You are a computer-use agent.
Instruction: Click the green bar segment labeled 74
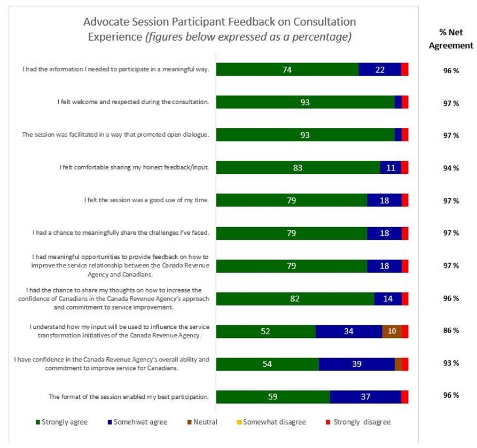(287, 69)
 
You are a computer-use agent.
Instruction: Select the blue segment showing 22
(380, 69)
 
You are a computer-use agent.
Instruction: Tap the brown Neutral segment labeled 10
(392, 331)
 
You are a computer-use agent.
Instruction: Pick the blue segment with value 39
(357, 364)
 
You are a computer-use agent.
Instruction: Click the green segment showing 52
(265, 331)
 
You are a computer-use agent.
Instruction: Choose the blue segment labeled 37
(365, 397)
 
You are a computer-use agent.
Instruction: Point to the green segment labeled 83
(298, 168)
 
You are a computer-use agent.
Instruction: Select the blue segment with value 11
(390, 168)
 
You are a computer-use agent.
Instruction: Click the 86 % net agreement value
(451, 330)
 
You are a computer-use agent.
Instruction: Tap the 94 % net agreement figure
(451, 168)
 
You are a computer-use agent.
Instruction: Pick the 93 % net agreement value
(451, 364)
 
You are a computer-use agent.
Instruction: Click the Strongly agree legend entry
(61, 422)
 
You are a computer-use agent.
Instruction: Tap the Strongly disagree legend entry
(358, 422)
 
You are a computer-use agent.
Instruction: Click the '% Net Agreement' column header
(451, 38)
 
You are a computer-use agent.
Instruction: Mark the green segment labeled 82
(295, 298)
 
